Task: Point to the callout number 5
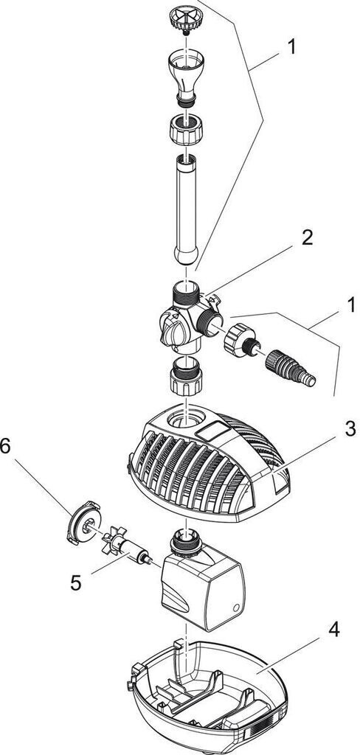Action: click(x=76, y=583)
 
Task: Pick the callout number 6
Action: click(x=5, y=446)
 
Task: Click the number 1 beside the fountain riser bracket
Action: click(x=291, y=47)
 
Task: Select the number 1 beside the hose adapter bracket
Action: click(x=350, y=305)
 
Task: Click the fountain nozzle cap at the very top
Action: click(x=186, y=20)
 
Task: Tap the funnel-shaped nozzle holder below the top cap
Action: click(x=185, y=77)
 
